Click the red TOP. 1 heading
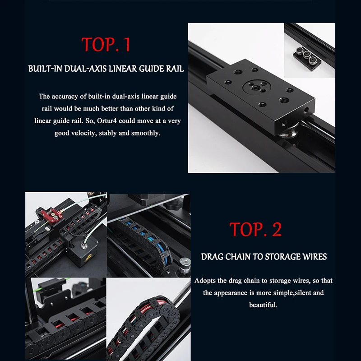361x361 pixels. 106,44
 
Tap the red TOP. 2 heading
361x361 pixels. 255,229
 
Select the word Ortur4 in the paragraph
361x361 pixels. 107,121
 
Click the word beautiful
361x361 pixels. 263,305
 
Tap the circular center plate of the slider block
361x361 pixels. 256,87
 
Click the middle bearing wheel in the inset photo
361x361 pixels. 307,54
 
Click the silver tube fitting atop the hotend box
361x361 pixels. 84,246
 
